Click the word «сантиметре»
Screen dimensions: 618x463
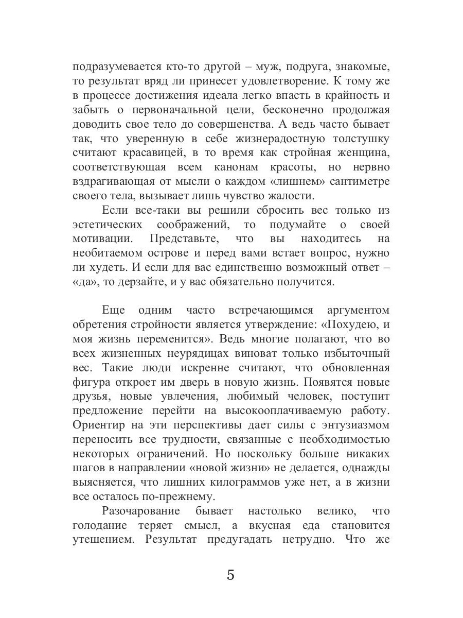[355, 182]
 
